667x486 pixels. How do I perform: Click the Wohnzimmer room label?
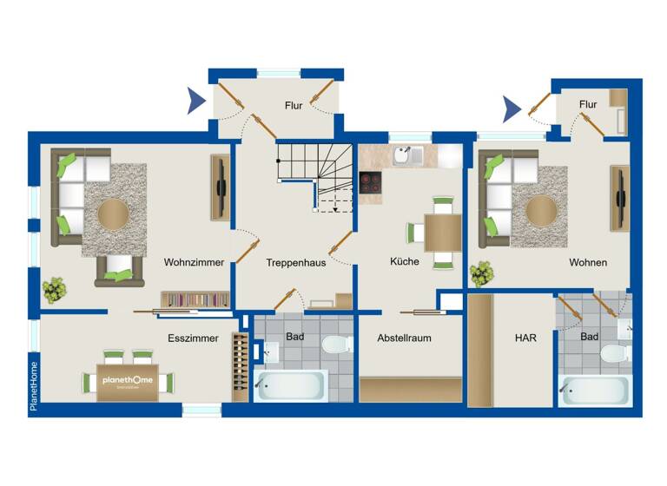point(195,262)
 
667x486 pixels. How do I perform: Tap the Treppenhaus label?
point(295,262)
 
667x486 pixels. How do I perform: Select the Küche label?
point(405,261)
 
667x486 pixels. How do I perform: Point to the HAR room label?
point(525,338)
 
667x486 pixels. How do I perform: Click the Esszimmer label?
point(193,338)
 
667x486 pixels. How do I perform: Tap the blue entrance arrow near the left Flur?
point(197,102)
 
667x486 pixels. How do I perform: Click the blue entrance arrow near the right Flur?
point(512,108)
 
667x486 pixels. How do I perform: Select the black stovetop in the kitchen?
point(371,182)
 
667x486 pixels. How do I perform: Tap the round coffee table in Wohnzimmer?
point(112,212)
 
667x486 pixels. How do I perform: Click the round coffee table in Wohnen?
point(540,209)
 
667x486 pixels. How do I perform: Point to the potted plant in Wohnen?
point(481,274)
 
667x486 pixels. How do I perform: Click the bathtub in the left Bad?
point(291,385)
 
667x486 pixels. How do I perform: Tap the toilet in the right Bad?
point(615,355)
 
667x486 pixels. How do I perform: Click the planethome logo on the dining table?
point(128,382)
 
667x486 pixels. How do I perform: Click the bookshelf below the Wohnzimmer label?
point(195,299)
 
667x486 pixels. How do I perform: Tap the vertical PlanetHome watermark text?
point(34,386)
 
